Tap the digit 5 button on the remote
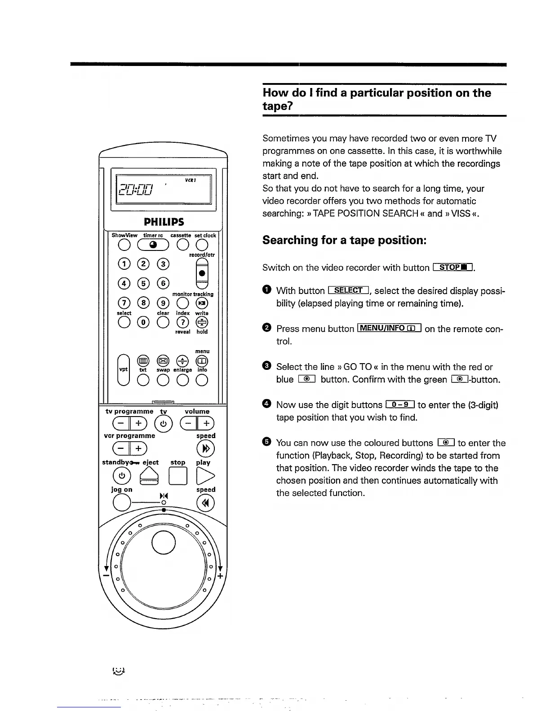tap(143, 283)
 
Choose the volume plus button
tap(206, 423)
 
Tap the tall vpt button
tap(123, 369)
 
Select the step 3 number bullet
tap(266, 366)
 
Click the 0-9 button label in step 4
tap(399, 405)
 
